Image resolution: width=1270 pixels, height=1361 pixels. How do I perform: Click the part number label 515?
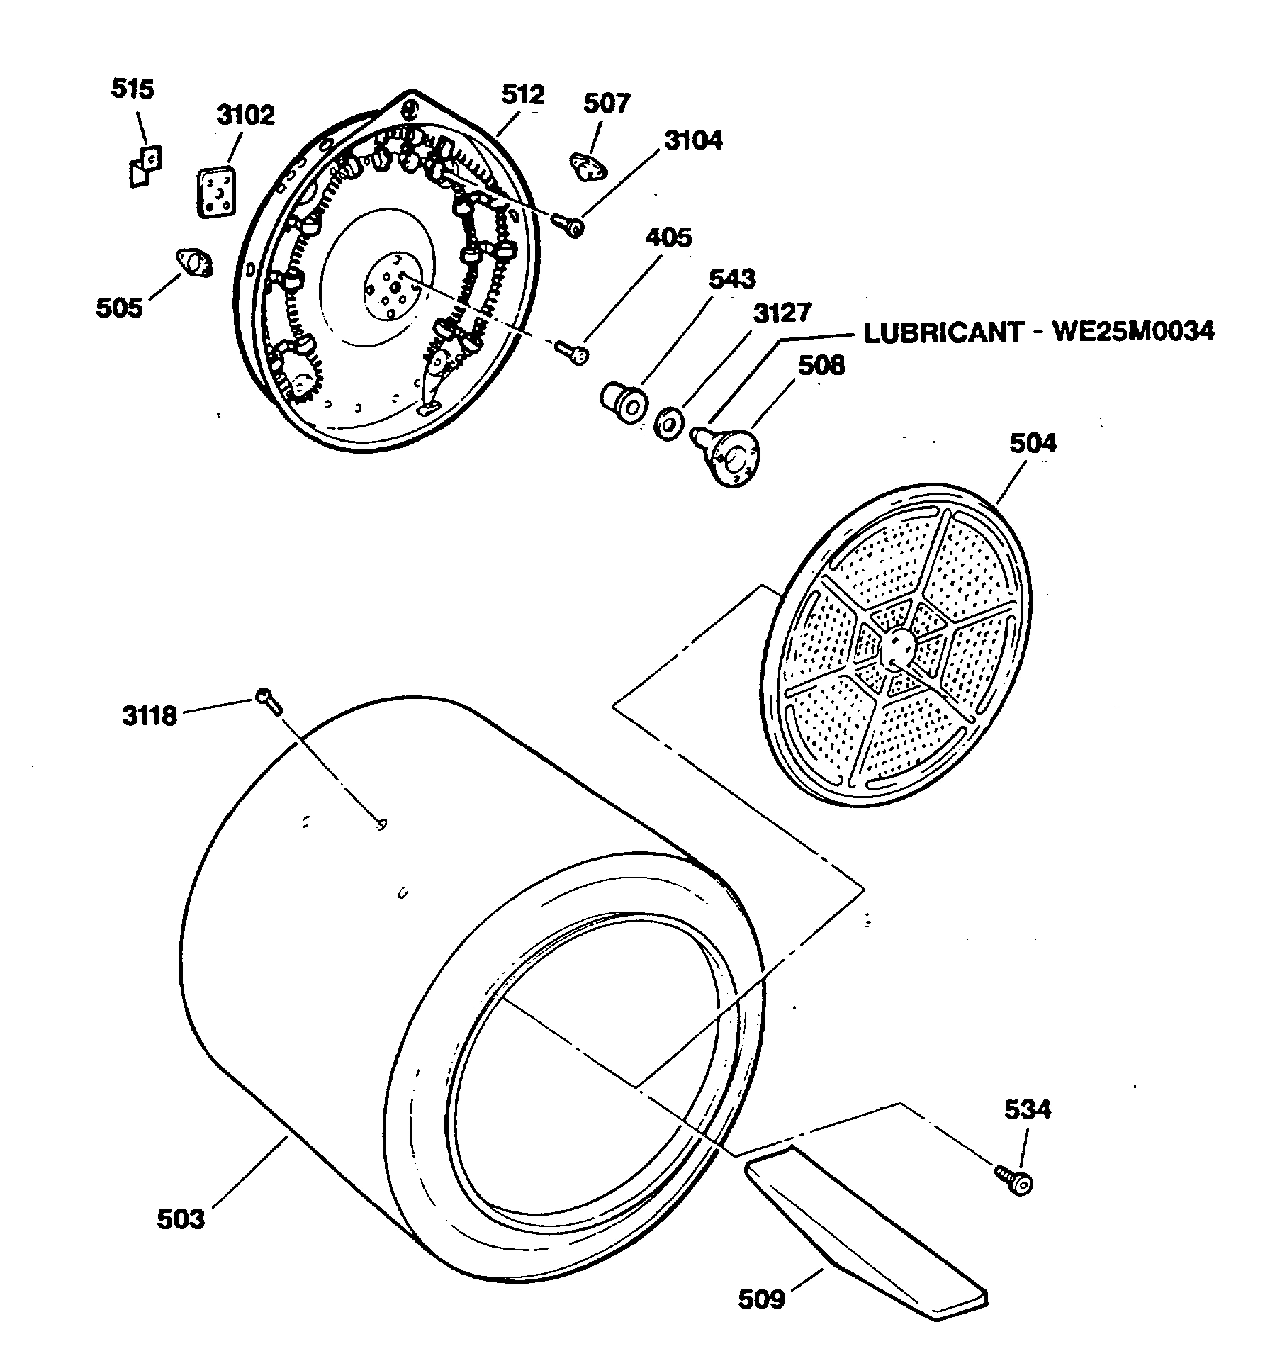tap(133, 90)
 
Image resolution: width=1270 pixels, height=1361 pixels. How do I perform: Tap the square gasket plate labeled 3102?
tap(215, 191)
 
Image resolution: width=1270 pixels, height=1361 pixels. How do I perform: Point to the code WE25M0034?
tap(1133, 332)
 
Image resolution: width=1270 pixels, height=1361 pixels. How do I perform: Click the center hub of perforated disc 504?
tap(897, 647)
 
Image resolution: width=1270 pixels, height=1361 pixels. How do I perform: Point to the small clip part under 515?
tap(145, 167)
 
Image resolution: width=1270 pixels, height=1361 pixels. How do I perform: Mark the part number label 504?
tap(1033, 444)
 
